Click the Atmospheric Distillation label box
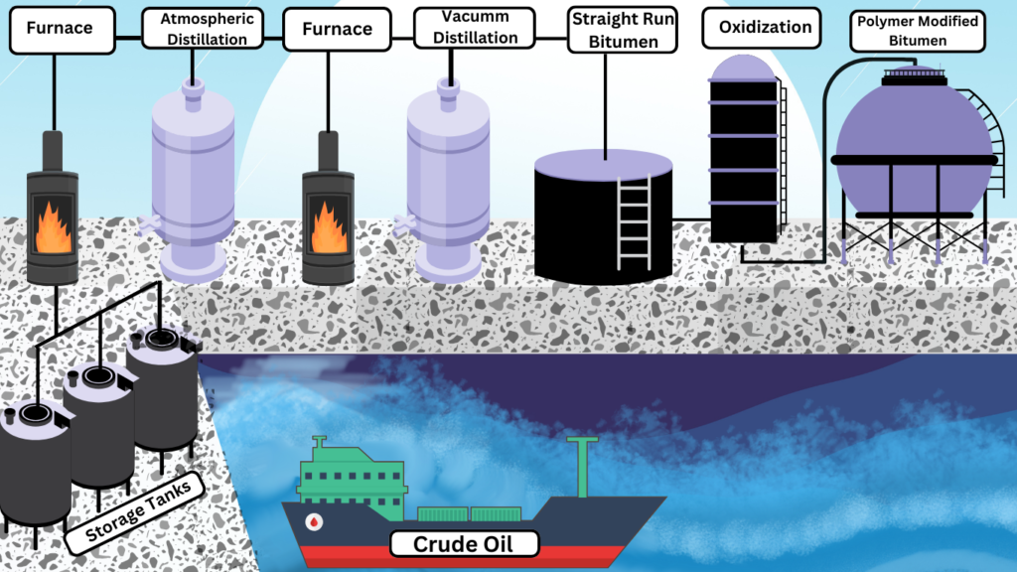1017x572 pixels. [x=202, y=29]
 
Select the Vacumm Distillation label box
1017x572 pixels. [x=474, y=28]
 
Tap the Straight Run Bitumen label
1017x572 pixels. [x=623, y=30]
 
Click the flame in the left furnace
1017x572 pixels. [x=53, y=227]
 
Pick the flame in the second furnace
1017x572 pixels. [x=328, y=227]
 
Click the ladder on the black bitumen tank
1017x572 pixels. [x=634, y=222]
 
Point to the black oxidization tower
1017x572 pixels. [x=743, y=159]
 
